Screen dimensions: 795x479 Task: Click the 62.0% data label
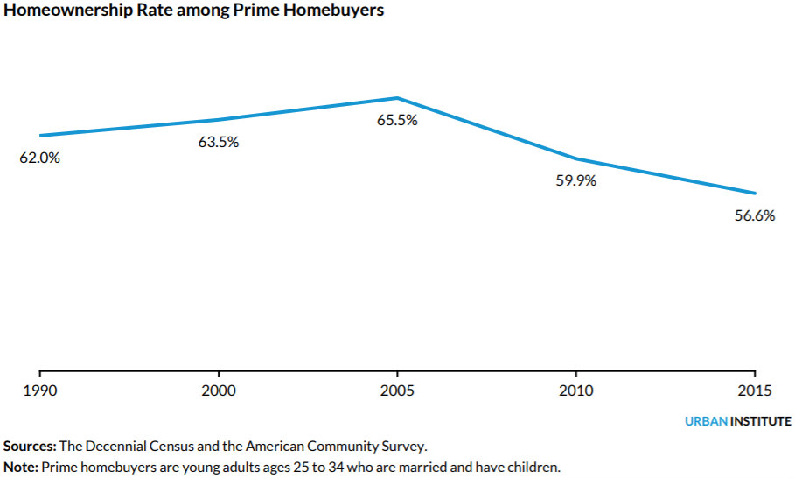[x=39, y=158]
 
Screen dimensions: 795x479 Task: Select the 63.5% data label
[x=219, y=142]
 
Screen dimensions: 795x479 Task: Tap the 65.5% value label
[x=397, y=120]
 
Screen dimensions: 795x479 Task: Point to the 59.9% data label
[x=576, y=180]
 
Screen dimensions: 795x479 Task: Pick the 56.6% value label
[x=755, y=215]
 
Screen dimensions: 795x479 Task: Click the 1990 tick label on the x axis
[x=40, y=391]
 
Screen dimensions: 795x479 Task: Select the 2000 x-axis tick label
[x=219, y=391]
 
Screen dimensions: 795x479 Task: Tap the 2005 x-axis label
[x=397, y=391]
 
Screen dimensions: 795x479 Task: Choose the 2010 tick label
[x=576, y=391]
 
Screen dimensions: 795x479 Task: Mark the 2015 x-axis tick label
[x=755, y=391]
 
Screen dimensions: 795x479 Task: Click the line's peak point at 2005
[x=397, y=98]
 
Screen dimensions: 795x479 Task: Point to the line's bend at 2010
[x=576, y=158]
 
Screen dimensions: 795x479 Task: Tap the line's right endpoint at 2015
[x=755, y=194]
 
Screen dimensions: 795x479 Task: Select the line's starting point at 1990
[x=40, y=136]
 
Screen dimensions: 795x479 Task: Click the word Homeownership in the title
[x=68, y=11]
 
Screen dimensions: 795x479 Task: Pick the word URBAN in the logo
[x=707, y=421]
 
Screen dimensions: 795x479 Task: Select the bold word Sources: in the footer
[x=30, y=447]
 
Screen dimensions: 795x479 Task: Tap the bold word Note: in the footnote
[x=21, y=467]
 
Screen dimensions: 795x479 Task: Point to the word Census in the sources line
[x=172, y=447]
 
